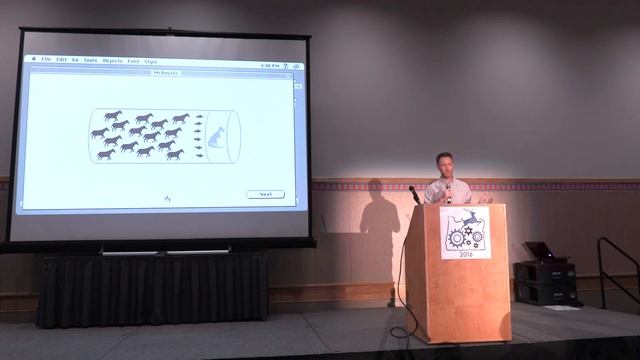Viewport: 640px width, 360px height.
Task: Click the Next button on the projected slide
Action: pyautogui.click(x=265, y=194)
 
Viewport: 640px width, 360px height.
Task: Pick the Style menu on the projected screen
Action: pyautogui.click(x=150, y=61)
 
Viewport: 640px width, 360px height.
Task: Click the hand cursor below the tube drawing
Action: pyautogui.click(x=166, y=198)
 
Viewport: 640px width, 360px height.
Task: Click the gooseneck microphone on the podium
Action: pyautogui.click(x=414, y=192)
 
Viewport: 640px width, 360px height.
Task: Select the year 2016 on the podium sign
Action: pyautogui.click(x=463, y=252)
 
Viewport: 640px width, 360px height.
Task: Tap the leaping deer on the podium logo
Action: pyautogui.click(x=471, y=217)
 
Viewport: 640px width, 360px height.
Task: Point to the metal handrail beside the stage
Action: pyautogui.click(x=616, y=268)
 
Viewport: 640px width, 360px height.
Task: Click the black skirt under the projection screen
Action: pyautogui.click(x=150, y=290)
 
